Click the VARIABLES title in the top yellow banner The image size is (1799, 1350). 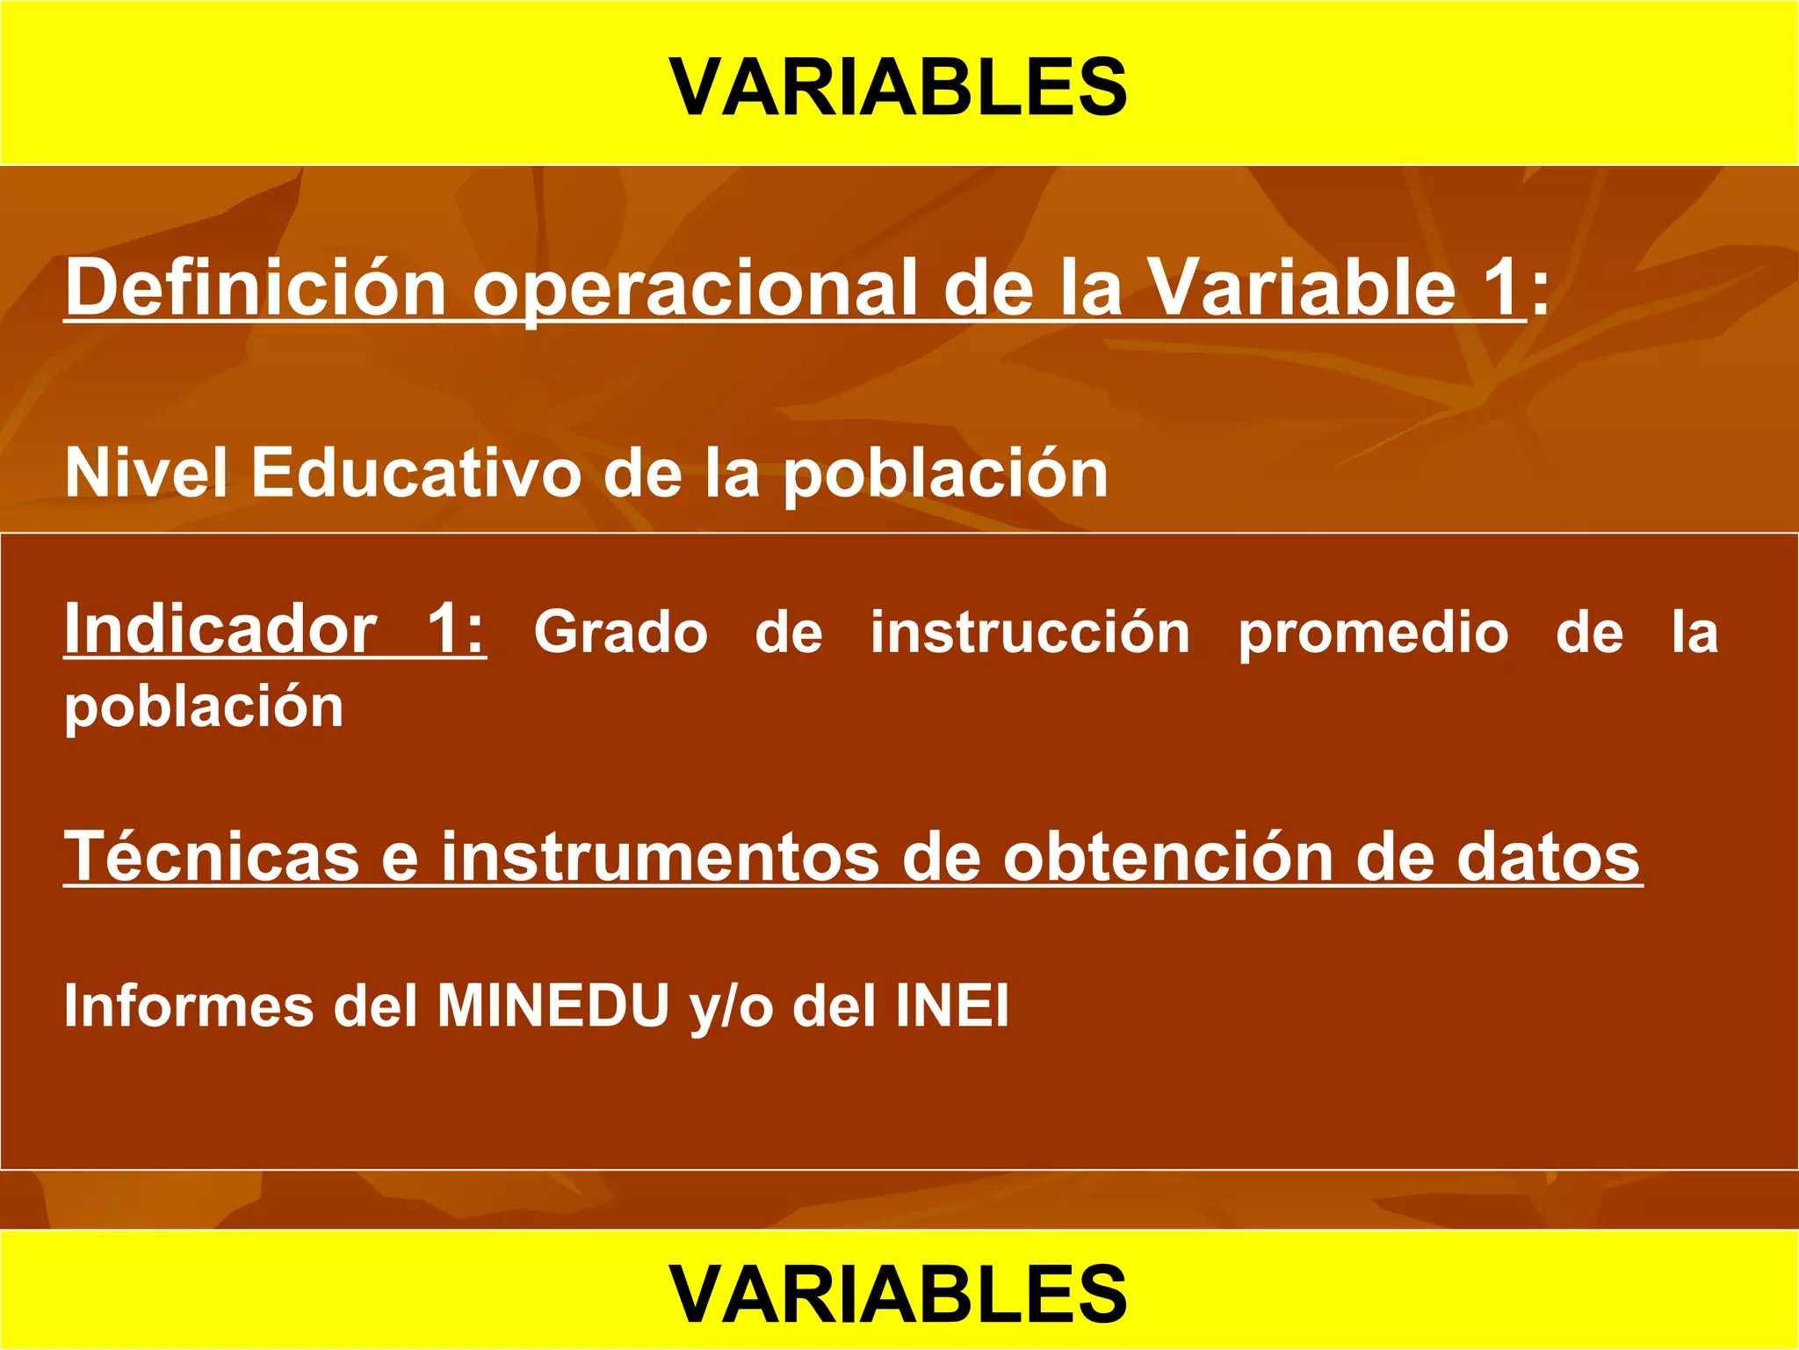pos(899,87)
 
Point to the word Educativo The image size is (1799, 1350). pos(417,473)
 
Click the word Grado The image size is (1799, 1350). pos(621,633)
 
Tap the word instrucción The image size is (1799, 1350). pos(1030,633)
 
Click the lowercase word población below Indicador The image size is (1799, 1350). pos(204,708)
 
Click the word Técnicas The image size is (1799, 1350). pos(212,856)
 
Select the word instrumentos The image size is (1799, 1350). pos(660,858)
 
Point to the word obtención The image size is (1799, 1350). pos(1168,857)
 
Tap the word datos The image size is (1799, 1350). pos(1548,857)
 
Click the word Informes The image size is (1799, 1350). pos(189,1005)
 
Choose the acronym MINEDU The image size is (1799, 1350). pos(553,1005)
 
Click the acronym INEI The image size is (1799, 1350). pos(952,1005)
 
